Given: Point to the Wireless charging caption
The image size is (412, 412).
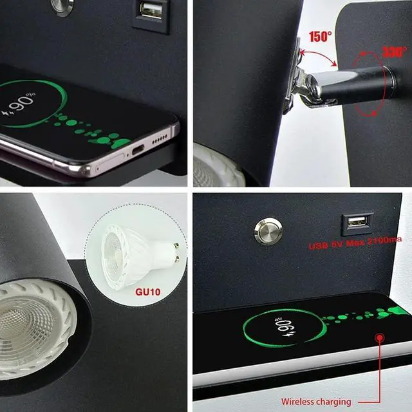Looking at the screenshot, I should [316, 401].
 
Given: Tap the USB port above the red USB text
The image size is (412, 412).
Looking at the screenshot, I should [355, 223].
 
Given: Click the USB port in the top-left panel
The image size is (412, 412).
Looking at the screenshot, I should [152, 11].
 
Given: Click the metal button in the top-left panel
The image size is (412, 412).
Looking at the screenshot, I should [61, 6].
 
